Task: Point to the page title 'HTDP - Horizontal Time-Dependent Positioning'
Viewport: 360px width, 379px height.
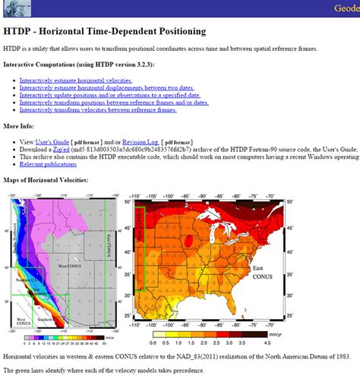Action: pyautogui.click(x=104, y=31)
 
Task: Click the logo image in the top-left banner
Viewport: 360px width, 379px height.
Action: pyautogui.click(x=14, y=7)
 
